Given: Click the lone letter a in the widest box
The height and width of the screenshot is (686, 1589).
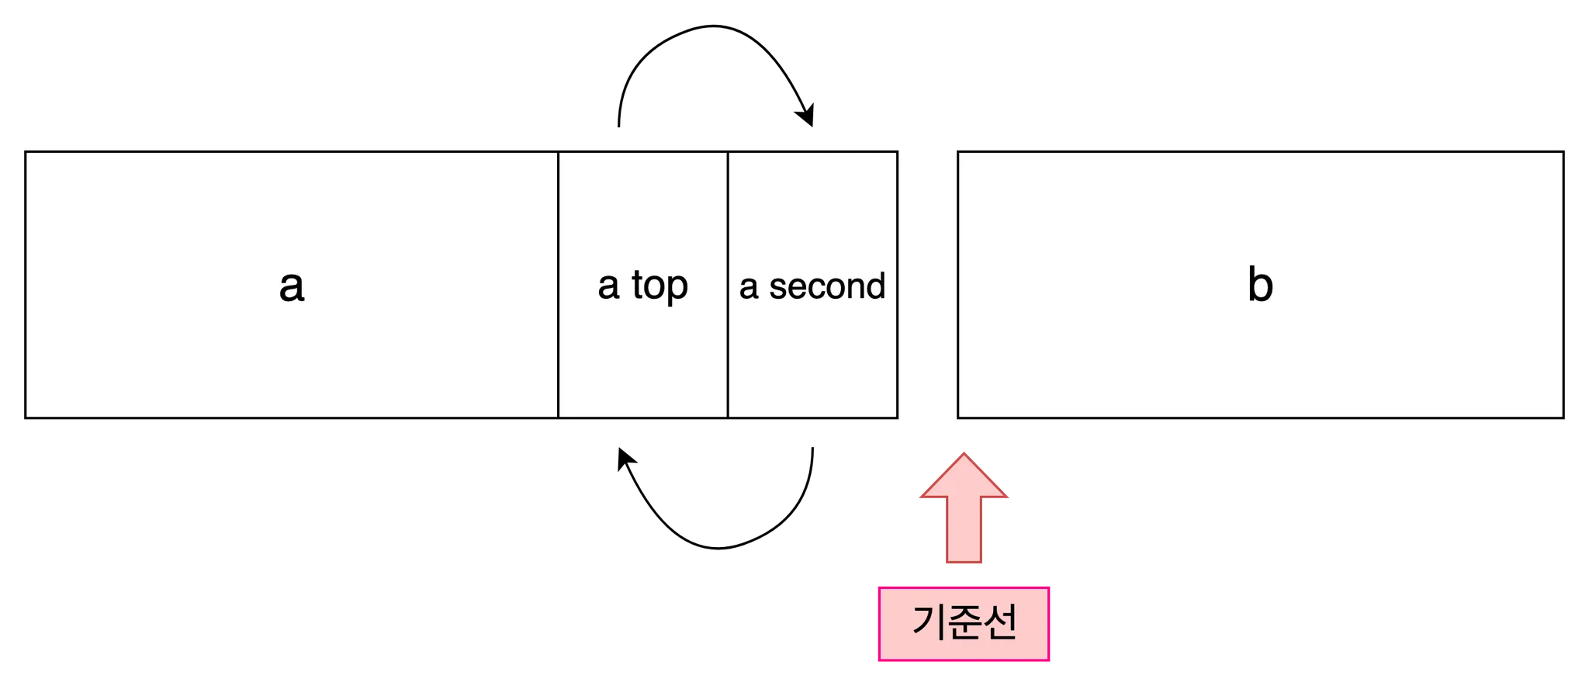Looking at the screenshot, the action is pos(291,286).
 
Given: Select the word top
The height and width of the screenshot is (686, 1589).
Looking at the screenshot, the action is pos(659,286).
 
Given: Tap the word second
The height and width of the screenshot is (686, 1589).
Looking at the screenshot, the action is pos(827,286).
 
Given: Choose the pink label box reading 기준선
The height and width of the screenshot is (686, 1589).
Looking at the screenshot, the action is pos(964,623).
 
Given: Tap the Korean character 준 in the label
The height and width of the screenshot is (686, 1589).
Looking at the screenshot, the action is pos(963,622).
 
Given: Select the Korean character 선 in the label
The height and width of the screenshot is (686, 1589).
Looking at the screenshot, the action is pos(999,622).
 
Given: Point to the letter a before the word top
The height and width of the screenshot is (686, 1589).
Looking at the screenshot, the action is pos(608,286).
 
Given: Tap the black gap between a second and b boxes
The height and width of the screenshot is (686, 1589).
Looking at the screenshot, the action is pos(928,285).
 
